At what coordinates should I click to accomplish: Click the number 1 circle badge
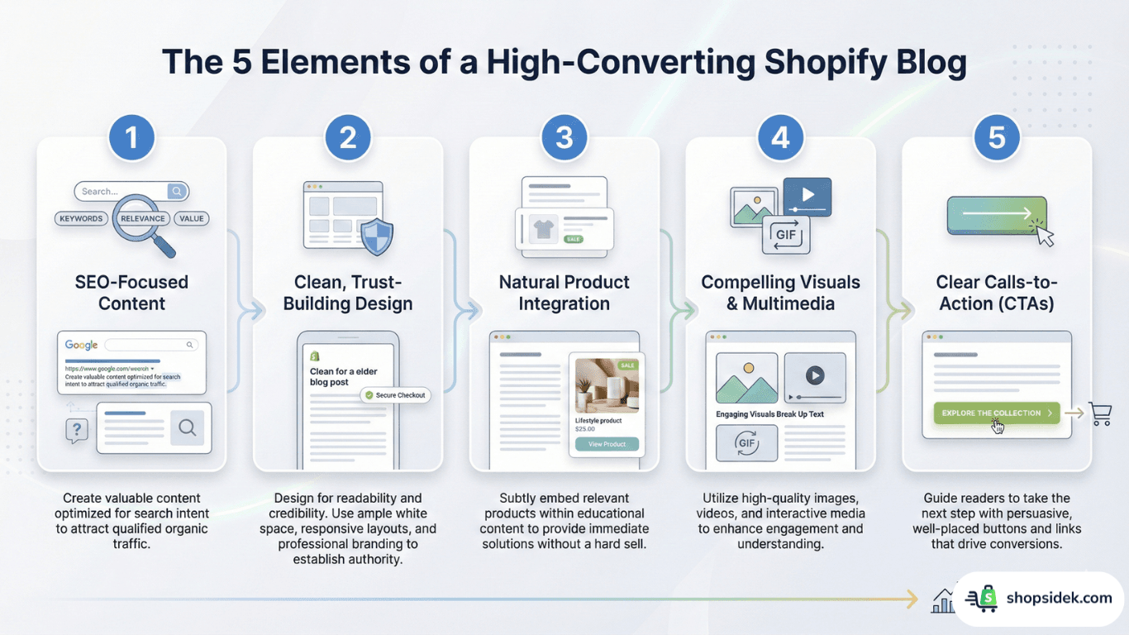[x=132, y=137]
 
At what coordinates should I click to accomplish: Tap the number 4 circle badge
[x=781, y=137]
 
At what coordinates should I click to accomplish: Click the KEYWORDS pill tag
[x=81, y=219]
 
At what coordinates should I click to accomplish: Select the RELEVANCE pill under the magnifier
[x=143, y=219]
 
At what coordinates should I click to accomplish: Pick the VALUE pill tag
[x=191, y=219]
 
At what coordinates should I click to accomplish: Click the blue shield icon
[x=378, y=236]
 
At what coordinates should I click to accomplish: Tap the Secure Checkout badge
[x=395, y=395]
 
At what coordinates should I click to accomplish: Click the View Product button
[x=607, y=444]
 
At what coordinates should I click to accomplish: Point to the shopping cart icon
[x=1100, y=413]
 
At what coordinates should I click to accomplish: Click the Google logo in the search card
[x=82, y=345]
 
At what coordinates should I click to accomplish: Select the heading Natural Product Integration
[x=564, y=293]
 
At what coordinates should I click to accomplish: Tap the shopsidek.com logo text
[x=1059, y=598]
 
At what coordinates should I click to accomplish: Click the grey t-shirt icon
[x=543, y=229]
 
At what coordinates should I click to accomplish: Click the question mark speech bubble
[x=77, y=430]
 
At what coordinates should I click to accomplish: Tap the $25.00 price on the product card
[x=585, y=429]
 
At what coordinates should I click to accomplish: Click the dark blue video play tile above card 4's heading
[x=807, y=197]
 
